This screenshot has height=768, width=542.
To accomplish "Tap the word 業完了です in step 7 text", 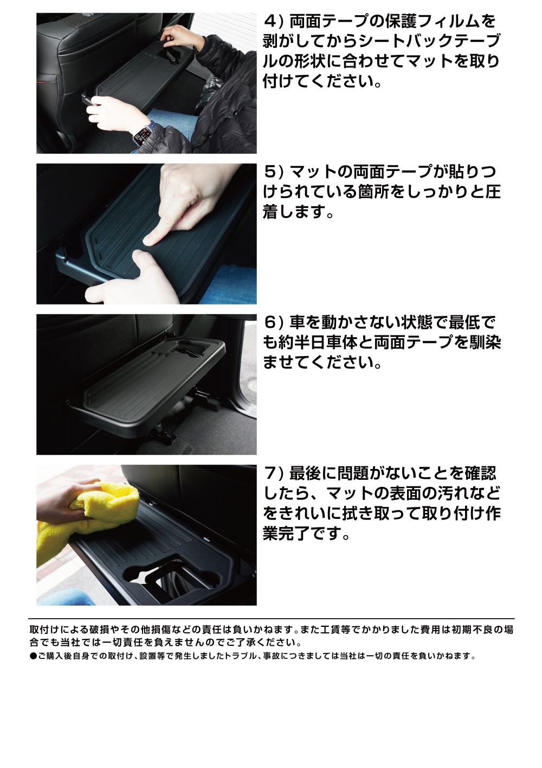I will (x=306, y=534).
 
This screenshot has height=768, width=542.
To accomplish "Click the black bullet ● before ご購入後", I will (x=33, y=656).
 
